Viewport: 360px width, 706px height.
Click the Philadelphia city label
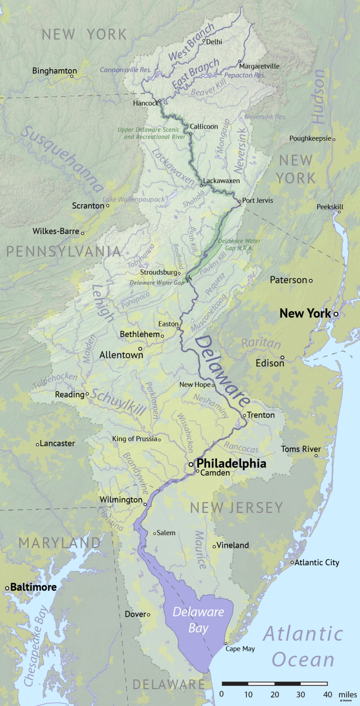click(231, 463)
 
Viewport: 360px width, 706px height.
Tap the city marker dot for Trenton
click(245, 416)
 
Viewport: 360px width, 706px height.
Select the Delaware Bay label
click(198, 620)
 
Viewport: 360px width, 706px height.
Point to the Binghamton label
click(54, 71)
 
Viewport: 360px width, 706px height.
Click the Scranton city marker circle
click(108, 206)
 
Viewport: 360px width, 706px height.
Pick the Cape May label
click(240, 648)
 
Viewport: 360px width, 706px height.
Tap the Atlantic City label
click(317, 562)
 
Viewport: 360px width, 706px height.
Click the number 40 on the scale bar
click(328, 694)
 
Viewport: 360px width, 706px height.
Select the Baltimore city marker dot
click(7, 588)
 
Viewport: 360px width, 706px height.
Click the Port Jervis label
click(257, 200)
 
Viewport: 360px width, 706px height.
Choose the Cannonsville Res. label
click(125, 70)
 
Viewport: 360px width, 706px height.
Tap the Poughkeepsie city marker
click(334, 139)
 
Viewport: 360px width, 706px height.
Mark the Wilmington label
click(121, 500)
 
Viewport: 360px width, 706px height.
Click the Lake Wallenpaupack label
click(133, 199)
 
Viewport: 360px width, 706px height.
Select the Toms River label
click(301, 449)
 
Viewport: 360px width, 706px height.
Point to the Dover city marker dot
click(148, 615)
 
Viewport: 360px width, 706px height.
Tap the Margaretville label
click(259, 66)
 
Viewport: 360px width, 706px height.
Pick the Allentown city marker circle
click(140, 349)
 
